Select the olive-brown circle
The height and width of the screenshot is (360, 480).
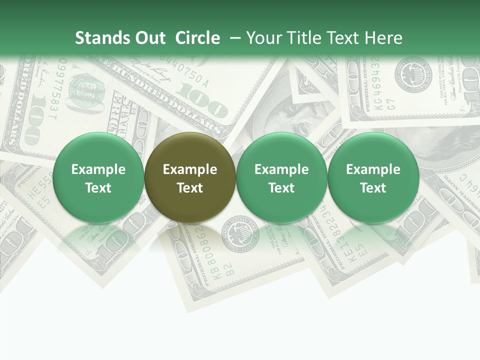click(x=190, y=177)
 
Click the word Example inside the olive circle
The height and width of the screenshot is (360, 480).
click(x=190, y=169)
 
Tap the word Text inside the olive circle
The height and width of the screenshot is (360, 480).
click(x=190, y=188)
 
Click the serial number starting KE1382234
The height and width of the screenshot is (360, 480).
click(x=330, y=235)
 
